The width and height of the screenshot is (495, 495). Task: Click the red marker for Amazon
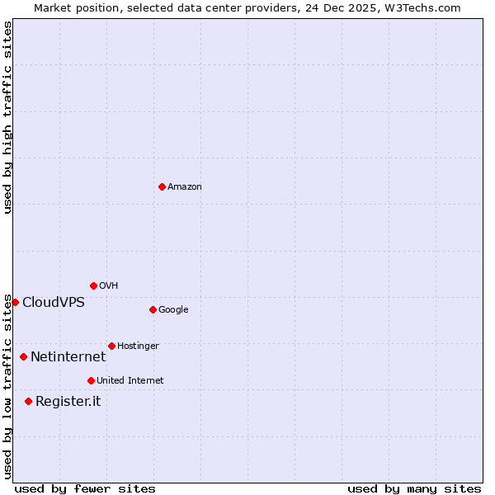tap(162, 186)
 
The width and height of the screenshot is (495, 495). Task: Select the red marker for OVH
tap(93, 285)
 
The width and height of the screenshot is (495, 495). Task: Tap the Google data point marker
tap(153, 309)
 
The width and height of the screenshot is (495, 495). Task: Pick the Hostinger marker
tap(111, 346)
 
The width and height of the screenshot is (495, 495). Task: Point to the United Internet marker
tap(91, 380)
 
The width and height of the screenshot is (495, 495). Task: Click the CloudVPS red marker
tap(15, 302)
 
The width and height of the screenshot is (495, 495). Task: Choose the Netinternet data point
tap(23, 356)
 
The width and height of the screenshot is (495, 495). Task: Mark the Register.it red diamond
tap(28, 401)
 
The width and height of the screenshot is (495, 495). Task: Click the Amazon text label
tap(185, 187)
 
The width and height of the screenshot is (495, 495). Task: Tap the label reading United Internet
tap(130, 380)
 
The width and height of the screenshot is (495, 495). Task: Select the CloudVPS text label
tap(54, 302)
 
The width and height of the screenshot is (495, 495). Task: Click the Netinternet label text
tap(68, 356)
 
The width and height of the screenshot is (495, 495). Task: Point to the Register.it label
tap(68, 401)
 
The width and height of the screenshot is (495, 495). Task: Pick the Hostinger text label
tap(138, 346)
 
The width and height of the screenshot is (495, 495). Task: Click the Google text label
tap(173, 310)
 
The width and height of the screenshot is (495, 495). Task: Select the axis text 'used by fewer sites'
tap(85, 488)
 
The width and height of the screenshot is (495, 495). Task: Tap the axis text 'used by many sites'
tap(414, 488)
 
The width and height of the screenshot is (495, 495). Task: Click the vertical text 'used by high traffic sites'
tap(7, 117)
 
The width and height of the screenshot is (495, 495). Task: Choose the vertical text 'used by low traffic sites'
tap(7, 386)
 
